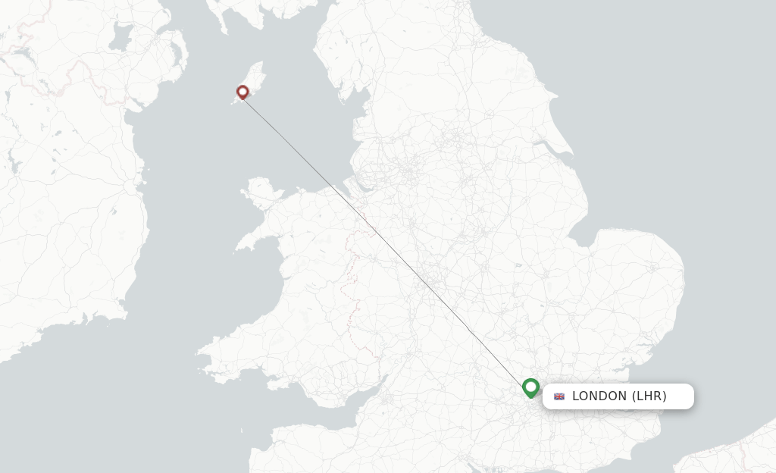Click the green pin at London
(x=530, y=387)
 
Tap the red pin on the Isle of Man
(x=242, y=92)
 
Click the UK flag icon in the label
(x=559, y=396)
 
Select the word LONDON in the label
(x=599, y=396)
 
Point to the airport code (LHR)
(x=649, y=396)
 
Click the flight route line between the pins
(x=386, y=240)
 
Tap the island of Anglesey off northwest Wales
(x=261, y=193)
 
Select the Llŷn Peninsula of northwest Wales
(x=254, y=239)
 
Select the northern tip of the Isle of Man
(x=259, y=64)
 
